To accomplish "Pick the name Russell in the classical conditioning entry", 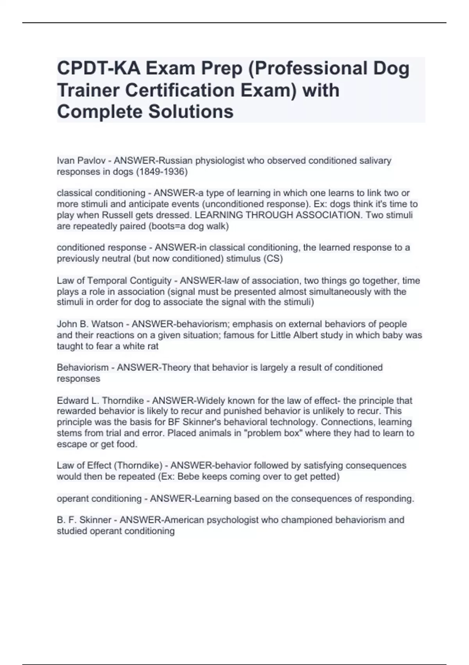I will coord(119,215).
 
